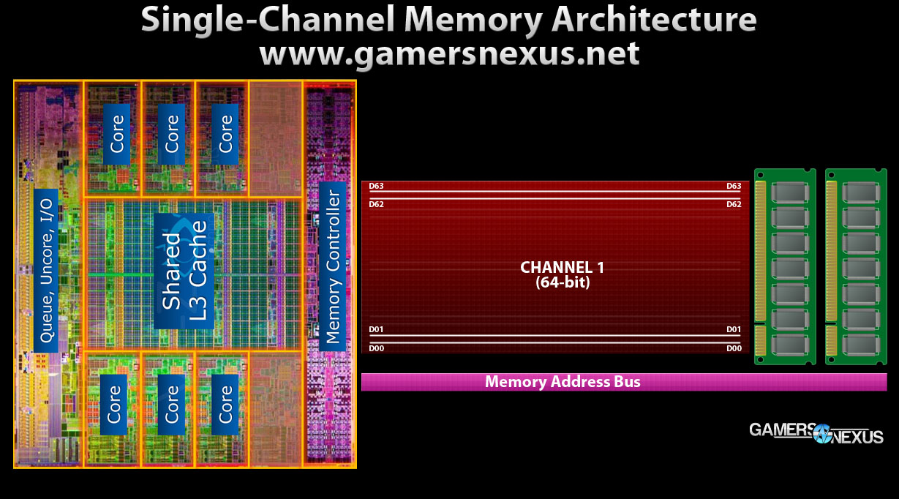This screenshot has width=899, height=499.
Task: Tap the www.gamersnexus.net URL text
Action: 449,53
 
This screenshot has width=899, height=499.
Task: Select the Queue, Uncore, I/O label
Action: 45,270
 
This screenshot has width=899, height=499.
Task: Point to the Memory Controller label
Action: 333,266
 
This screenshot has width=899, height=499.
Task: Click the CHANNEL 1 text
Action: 562,267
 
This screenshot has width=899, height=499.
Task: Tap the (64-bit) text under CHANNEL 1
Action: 562,281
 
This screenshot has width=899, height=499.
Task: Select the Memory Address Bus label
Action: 562,382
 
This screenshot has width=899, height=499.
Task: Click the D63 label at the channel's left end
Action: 376,187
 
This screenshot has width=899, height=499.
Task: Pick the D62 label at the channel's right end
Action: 734,204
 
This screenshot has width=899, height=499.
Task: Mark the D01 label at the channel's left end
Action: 376,330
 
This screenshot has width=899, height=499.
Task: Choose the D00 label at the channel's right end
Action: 734,348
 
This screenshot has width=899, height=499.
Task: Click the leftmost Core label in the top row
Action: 117,133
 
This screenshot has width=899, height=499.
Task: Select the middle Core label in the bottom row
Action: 172,404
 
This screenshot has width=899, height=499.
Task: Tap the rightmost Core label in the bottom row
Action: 225,404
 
